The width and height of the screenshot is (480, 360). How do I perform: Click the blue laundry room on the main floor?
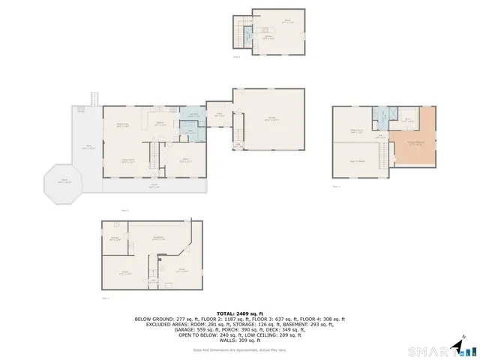pyautogui.click(x=193, y=115)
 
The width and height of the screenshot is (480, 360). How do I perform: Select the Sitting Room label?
pyautogui.click(x=357, y=130)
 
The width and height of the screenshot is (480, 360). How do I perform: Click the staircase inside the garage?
pyautogui.click(x=238, y=145)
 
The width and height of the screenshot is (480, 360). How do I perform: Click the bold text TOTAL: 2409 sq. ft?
pyautogui.click(x=239, y=313)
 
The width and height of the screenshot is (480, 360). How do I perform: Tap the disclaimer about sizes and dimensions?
pyautogui.click(x=239, y=349)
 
